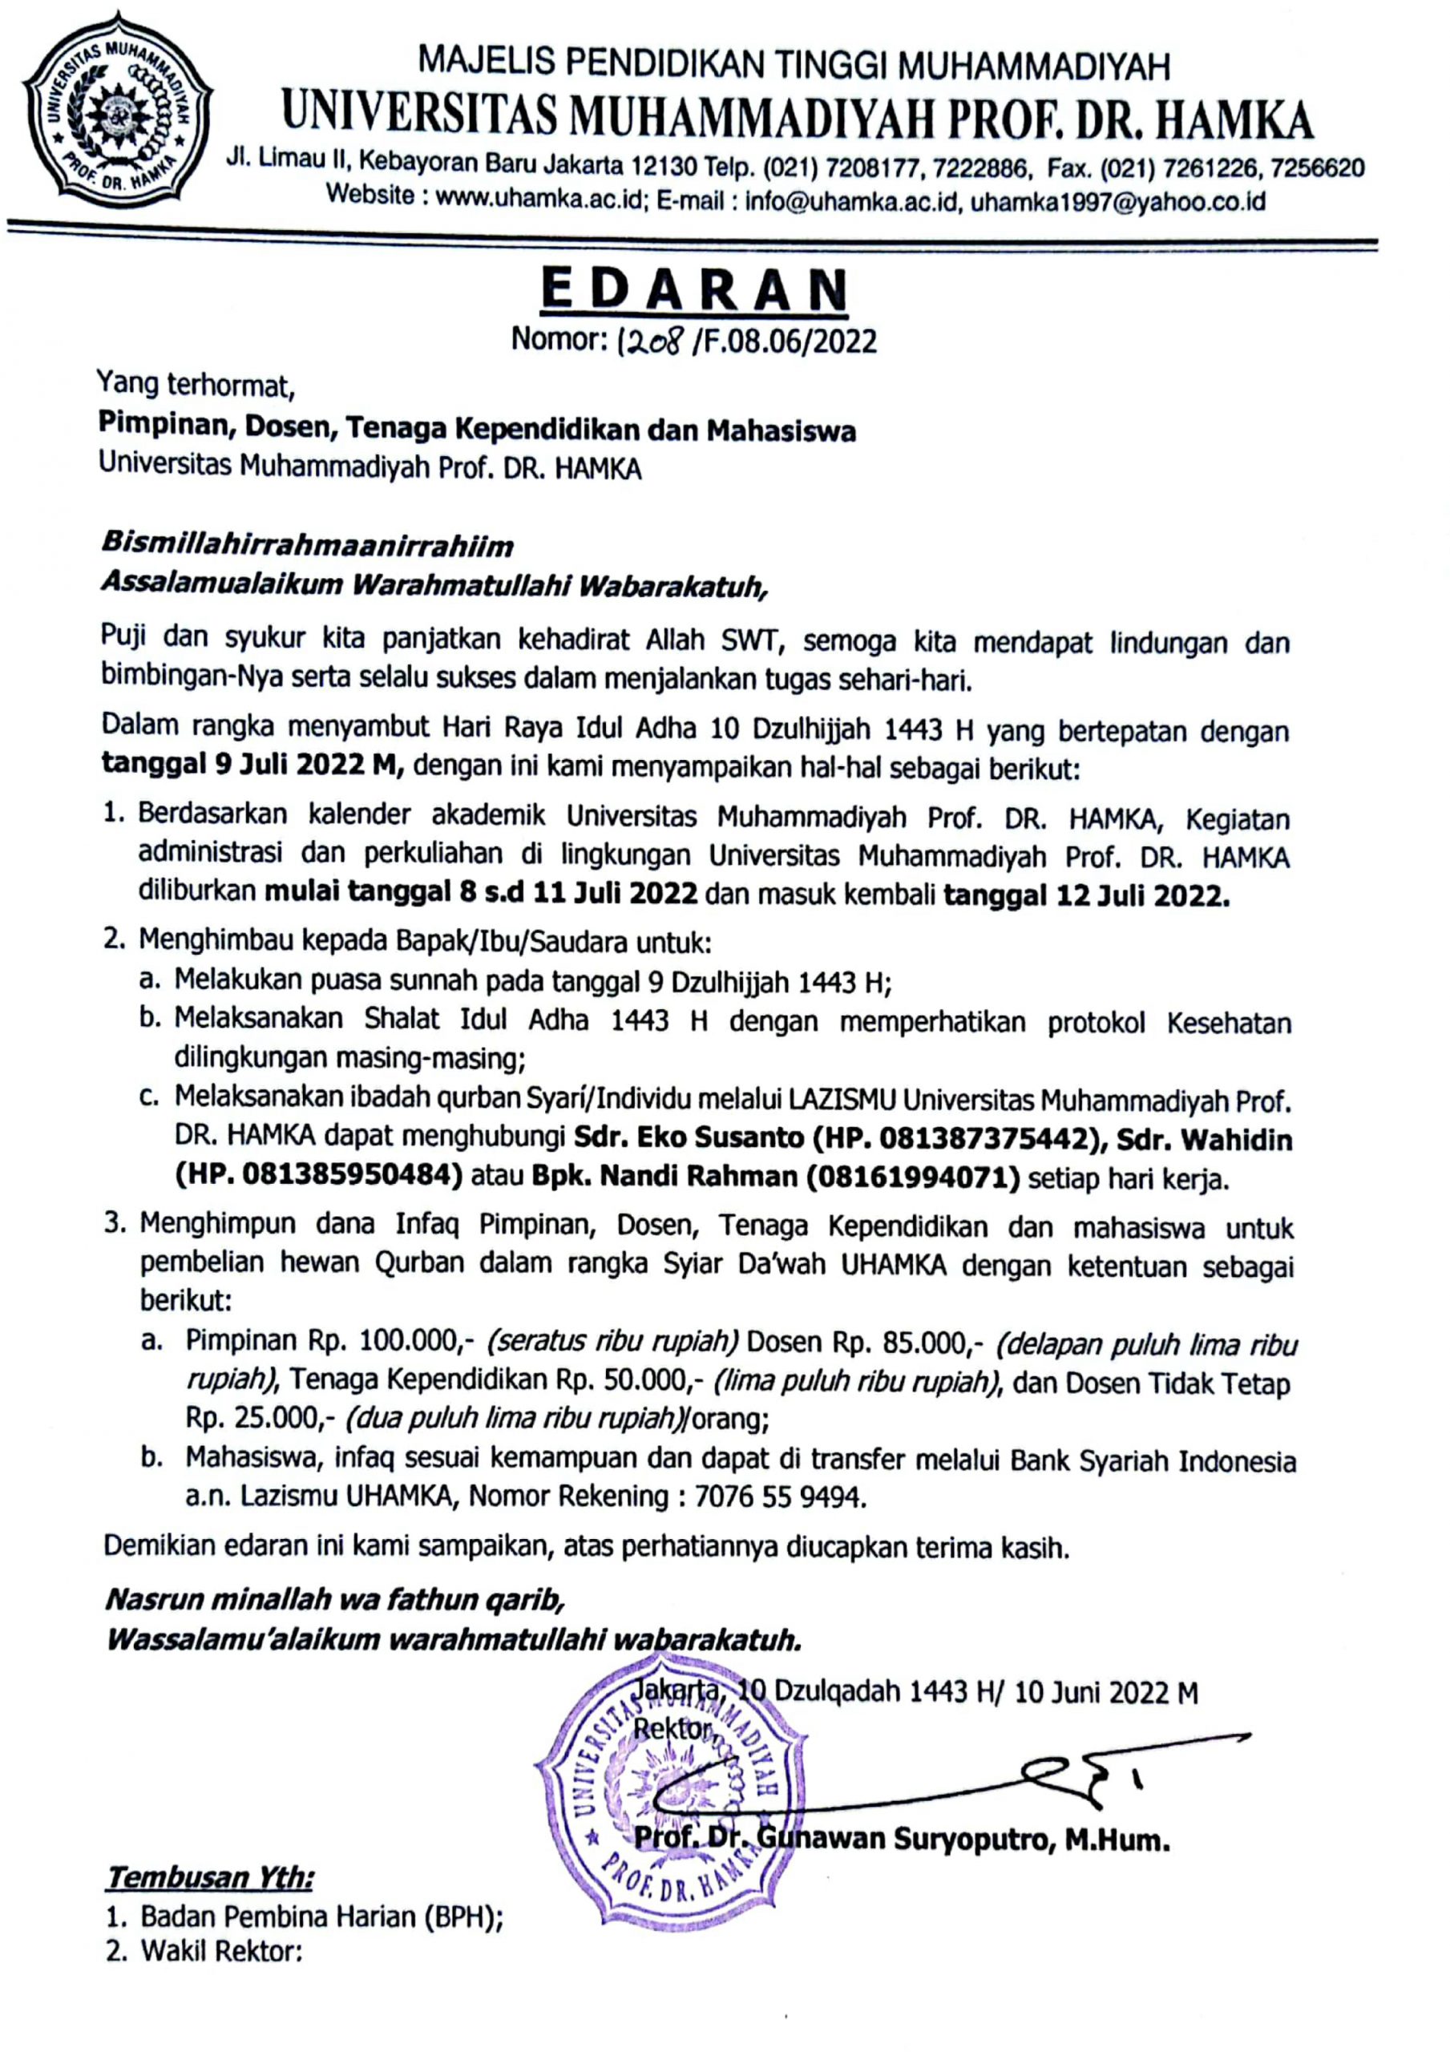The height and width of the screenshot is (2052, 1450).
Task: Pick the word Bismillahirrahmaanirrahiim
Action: pos(308,544)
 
